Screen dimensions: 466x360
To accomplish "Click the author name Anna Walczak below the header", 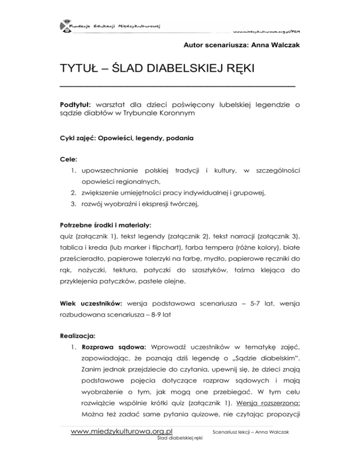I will (281, 46).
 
